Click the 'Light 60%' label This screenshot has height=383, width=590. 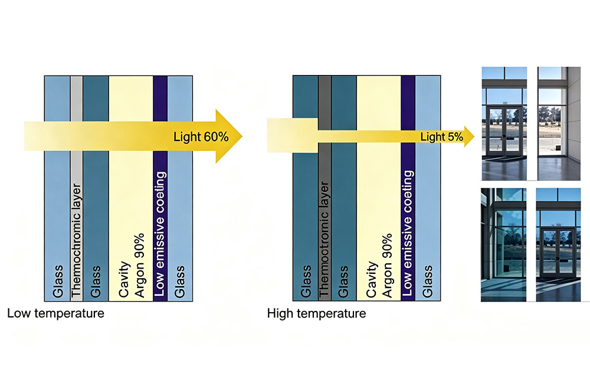point(201,136)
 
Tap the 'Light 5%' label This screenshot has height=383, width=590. point(442,136)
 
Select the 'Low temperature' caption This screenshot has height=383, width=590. point(55,313)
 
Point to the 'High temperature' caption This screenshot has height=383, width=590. point(316,313)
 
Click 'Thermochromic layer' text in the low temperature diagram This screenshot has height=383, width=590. point(76,240)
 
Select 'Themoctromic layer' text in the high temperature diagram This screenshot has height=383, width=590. point(324,239)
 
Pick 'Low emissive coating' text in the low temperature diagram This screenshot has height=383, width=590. point(160,234)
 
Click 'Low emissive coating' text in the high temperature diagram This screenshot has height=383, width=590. point(408,233)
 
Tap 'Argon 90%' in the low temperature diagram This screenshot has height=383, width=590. point(139,265)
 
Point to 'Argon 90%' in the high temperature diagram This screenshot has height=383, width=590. point(387,265)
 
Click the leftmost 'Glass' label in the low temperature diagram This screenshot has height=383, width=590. point(58,281)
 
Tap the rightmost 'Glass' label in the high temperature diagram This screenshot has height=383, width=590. point(427,281)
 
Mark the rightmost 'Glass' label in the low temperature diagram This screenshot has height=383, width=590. point(179,281)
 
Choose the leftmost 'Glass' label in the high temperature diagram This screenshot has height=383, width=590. point(306,281)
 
